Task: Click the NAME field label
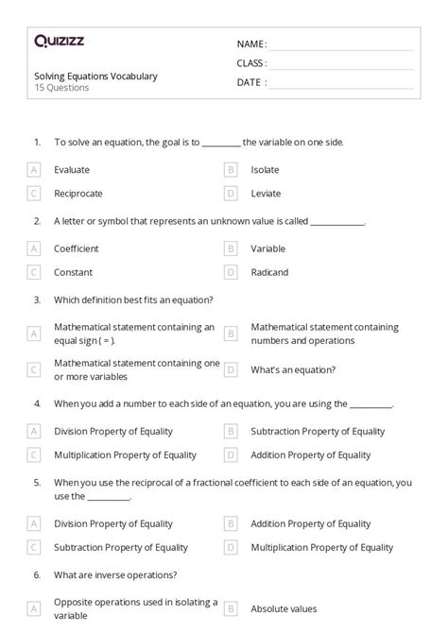coord(251,44)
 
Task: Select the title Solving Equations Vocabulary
coord(95,76)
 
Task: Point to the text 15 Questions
coord(61,88)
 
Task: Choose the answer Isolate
coord(266,170)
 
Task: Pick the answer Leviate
coord(266,194)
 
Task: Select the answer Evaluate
coord(72,170)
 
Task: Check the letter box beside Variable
coord(230,248)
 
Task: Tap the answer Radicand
coord(269,272)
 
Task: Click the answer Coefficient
coord(77,248)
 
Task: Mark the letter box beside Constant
coord(34,272)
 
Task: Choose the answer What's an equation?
coord(293,369)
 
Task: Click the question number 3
coord(37,299)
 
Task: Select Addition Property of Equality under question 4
coord(311,454)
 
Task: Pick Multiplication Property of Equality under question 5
coord(321,547)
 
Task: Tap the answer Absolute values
coord(284,609)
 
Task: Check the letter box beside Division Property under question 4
coord(34,431)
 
